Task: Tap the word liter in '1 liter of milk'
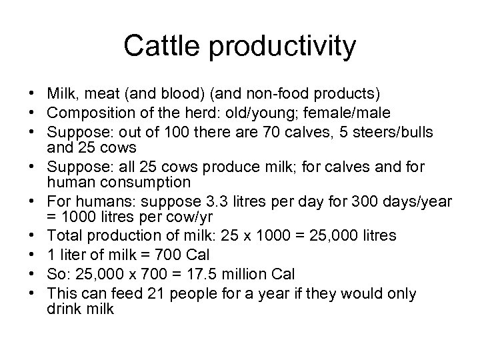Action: (x=73, y=255)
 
